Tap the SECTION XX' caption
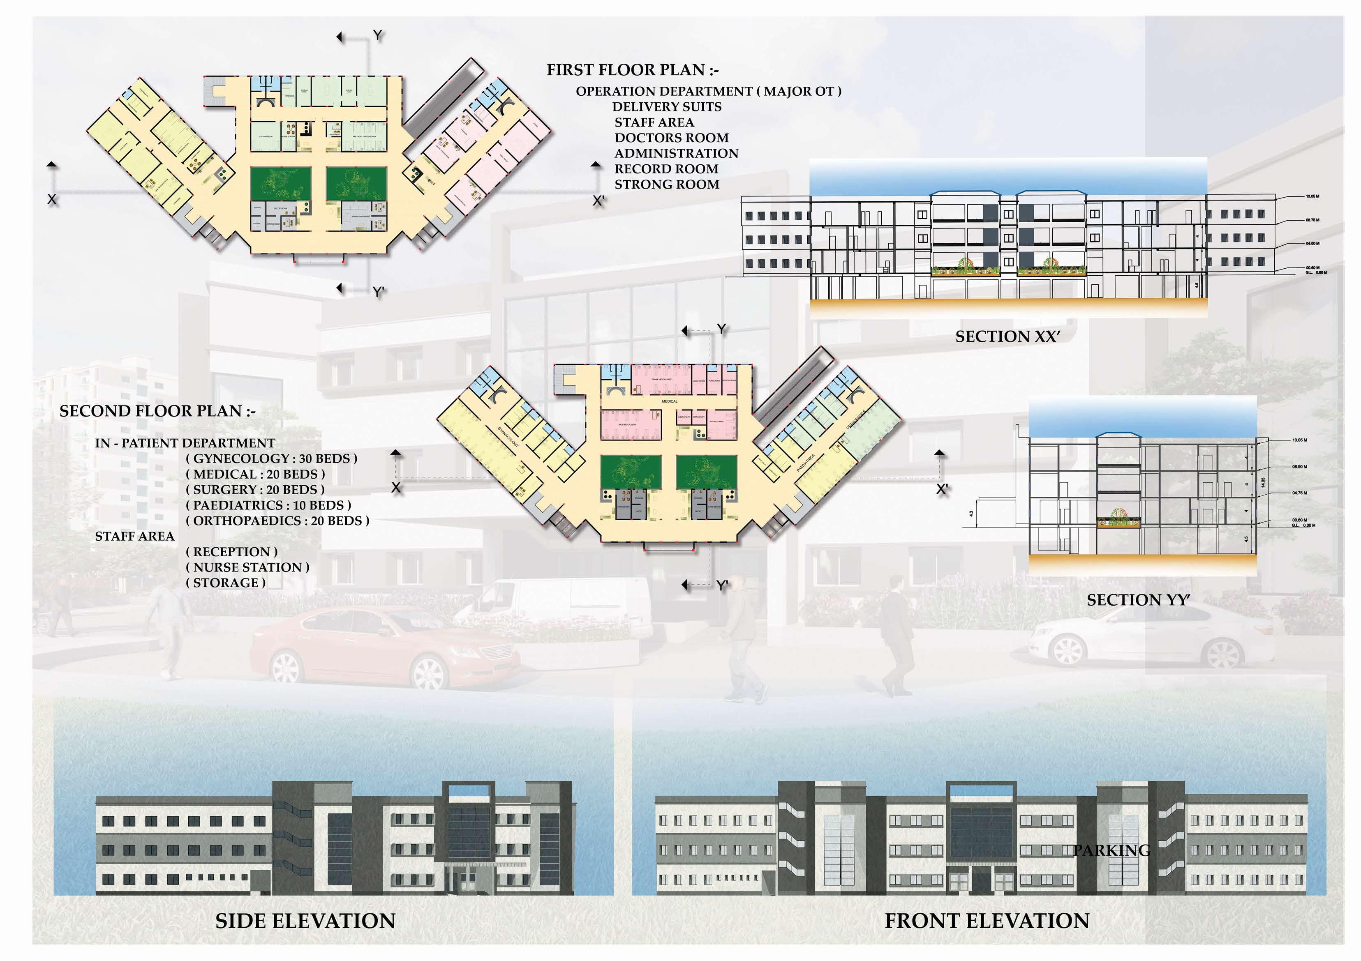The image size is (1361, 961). pyautogui.click(x=1007, y=336)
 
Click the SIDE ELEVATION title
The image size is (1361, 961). pyautogui.click(x=305, y=921)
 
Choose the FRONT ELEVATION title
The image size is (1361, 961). pyautogui.click(x=987, y=921)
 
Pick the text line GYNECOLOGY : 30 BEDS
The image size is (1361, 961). pyautogui.click(x=271, y=459)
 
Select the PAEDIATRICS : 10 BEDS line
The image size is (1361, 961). pyautogui.click(x=268, y=505)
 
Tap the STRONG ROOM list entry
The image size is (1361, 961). pyautogui.click(x=667, y=184)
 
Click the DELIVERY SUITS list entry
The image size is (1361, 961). pyautogui.click(x=667, y=107)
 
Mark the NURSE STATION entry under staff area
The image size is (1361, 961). pyautogui.click(x=248, y=567)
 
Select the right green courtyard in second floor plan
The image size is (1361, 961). pyautogui.click(x=707, y=472)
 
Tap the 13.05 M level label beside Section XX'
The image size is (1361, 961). pyautogui.click(x=1312, y=196)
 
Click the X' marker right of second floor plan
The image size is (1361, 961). pyautogui.click(x=942, y=489)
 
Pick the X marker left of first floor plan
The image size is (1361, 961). pyautogui.click(x=52, y=200)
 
